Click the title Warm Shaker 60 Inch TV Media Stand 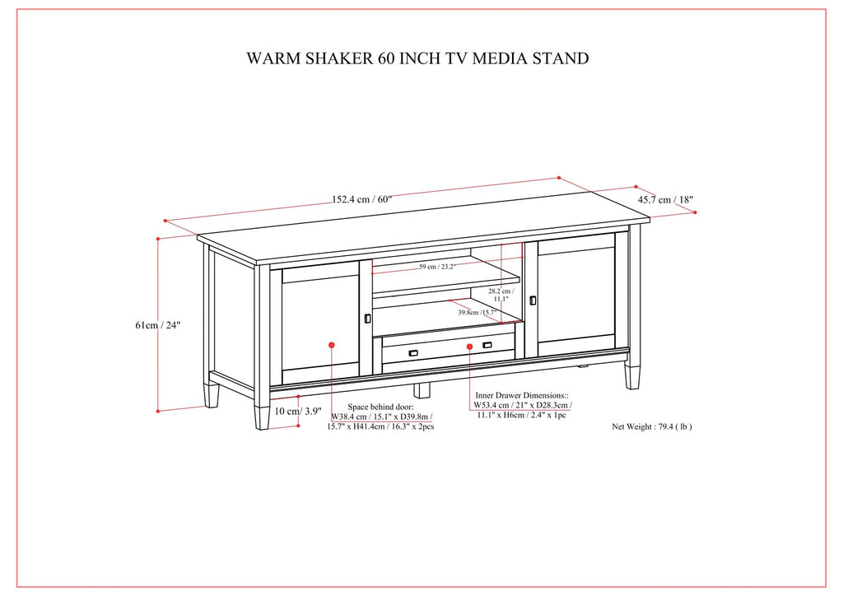coord(417,58)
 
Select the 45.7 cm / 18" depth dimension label coord(666,200)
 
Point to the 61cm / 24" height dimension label coord(158,325)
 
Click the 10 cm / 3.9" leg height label coord(298,411)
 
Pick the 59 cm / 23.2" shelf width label coord(438,267)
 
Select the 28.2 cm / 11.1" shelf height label coord(501,295)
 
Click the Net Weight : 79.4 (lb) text coord(652,427)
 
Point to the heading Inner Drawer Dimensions coord(522,396)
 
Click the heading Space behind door coord(381,407)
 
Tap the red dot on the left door coord(331,345)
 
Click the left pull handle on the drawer coord(413,352)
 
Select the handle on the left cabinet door coord(367,319)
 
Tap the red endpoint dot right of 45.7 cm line coord(695,212)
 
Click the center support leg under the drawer coord(423,389)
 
